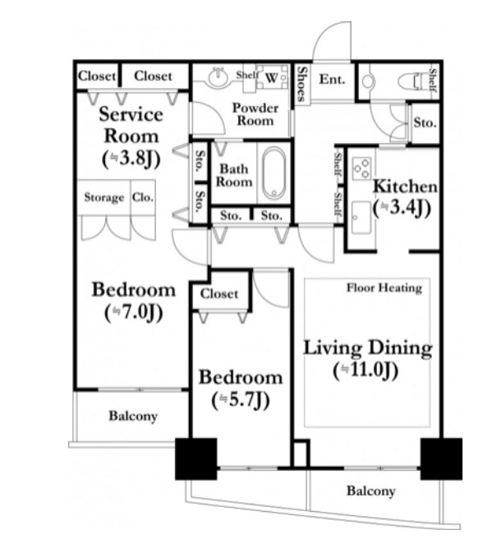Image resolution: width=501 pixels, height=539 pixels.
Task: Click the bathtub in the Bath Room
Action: pos(273,173)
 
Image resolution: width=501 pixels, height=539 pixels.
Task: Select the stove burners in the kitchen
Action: pos(362,168)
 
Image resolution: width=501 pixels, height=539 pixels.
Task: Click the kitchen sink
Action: pos(361,218)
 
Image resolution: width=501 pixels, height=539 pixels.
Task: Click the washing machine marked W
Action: pos(272,77)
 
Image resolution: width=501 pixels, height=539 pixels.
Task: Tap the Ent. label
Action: pos(332,80)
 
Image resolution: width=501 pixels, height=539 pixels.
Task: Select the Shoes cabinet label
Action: pos(302,84)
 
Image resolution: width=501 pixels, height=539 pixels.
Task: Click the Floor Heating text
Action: pos(384,288)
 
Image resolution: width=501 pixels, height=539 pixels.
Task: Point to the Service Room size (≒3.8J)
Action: pos(131,159)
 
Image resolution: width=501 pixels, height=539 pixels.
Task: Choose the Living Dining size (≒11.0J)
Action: pos(365,371)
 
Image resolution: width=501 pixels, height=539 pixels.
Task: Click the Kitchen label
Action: pos(405,187)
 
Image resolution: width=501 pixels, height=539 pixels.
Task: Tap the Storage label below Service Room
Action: pos(104,198)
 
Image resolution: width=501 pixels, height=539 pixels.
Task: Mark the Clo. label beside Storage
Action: pos(143,198)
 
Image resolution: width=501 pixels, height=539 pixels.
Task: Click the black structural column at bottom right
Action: pos(441,459)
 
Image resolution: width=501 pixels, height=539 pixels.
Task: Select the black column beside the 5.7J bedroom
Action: pos(195,459)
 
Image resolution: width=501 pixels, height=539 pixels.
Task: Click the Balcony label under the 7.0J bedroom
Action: pos(133,416)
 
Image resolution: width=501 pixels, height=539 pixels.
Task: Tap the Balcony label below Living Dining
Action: pos(370,491)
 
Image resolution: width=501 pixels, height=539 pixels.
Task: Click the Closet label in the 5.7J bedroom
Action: pos(219,294)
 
